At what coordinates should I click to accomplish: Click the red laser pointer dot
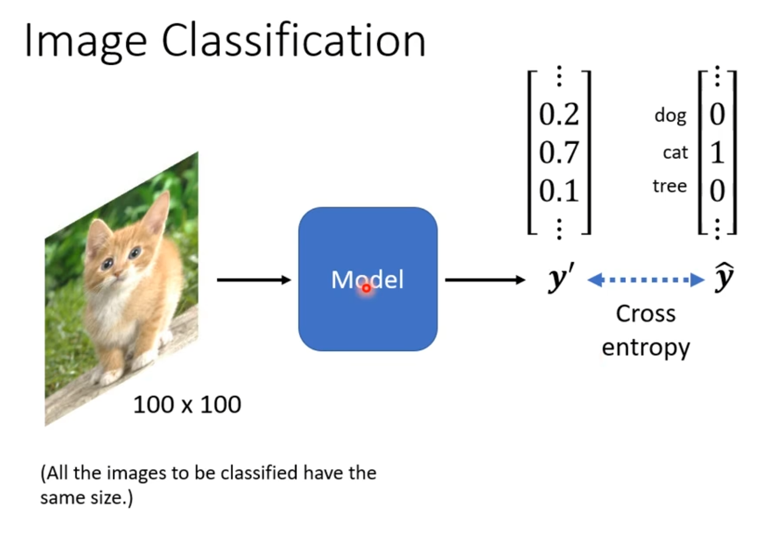(366, 288)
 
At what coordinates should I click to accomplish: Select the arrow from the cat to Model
(254, 281)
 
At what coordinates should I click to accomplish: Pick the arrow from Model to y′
(485, 281)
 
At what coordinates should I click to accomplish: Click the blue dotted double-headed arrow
(645, 281)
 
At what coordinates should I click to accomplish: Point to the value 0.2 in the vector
(559, 114)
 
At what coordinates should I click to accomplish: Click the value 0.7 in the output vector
(559, 152)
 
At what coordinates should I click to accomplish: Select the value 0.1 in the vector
(559, 191)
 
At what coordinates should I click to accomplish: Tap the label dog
(670, 116)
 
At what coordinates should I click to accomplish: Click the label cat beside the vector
(675, 153)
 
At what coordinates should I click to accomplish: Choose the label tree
(670, 187)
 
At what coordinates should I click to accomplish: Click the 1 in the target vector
(717, 152)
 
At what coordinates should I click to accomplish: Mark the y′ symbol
(561, 279)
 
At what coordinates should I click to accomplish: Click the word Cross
(645, 314)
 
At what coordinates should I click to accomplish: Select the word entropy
(645, 348)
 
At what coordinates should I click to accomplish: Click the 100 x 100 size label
(187, 405)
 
